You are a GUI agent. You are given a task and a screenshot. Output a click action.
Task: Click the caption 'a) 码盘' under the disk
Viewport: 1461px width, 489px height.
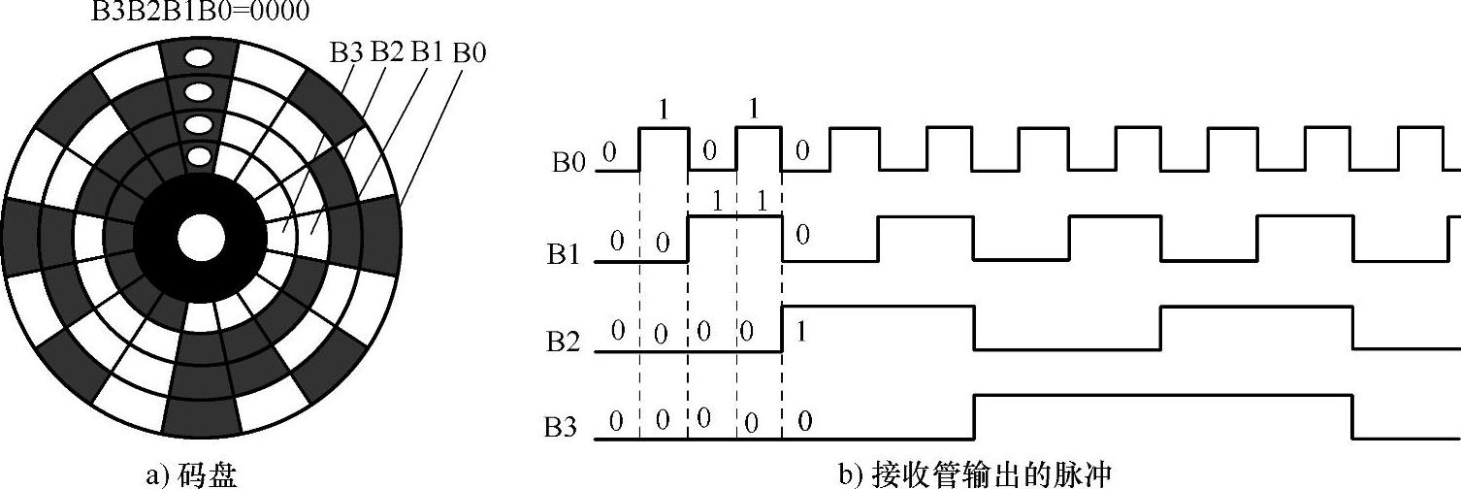click(189, 475)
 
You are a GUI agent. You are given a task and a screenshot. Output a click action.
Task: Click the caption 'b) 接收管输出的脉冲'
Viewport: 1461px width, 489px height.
click(975, 475)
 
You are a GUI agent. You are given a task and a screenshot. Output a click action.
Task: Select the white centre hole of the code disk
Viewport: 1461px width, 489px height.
click(200, 237)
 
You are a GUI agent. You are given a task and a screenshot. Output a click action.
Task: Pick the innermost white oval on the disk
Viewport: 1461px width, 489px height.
click(199, 155)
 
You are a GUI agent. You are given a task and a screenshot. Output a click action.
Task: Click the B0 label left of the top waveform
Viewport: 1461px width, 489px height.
click(569, 163)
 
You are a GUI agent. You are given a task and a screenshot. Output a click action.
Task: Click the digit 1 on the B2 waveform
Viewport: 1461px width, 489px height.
click(801, 332)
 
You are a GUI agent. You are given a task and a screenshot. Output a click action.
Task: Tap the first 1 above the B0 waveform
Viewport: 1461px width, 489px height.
click(664, 111)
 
